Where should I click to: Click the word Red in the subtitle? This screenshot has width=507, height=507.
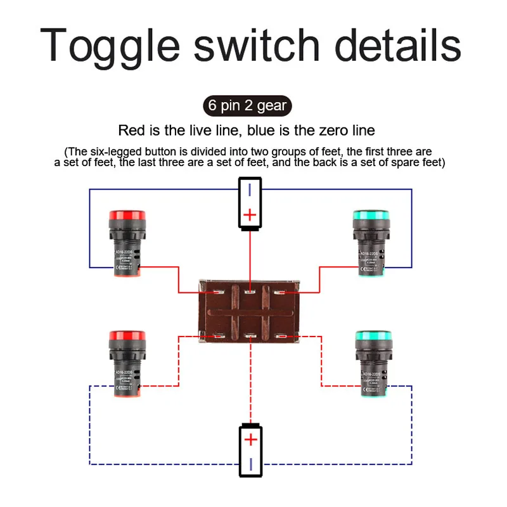pyautogui.click(x=132, y=131)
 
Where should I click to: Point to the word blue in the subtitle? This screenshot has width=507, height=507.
pyautogui.click(x=264, y=131)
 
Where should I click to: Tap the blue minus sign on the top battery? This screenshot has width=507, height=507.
pyautogui.click(x=250, y=189)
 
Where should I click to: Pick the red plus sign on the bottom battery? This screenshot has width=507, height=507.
pyautogui.click(x=252, y=439)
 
